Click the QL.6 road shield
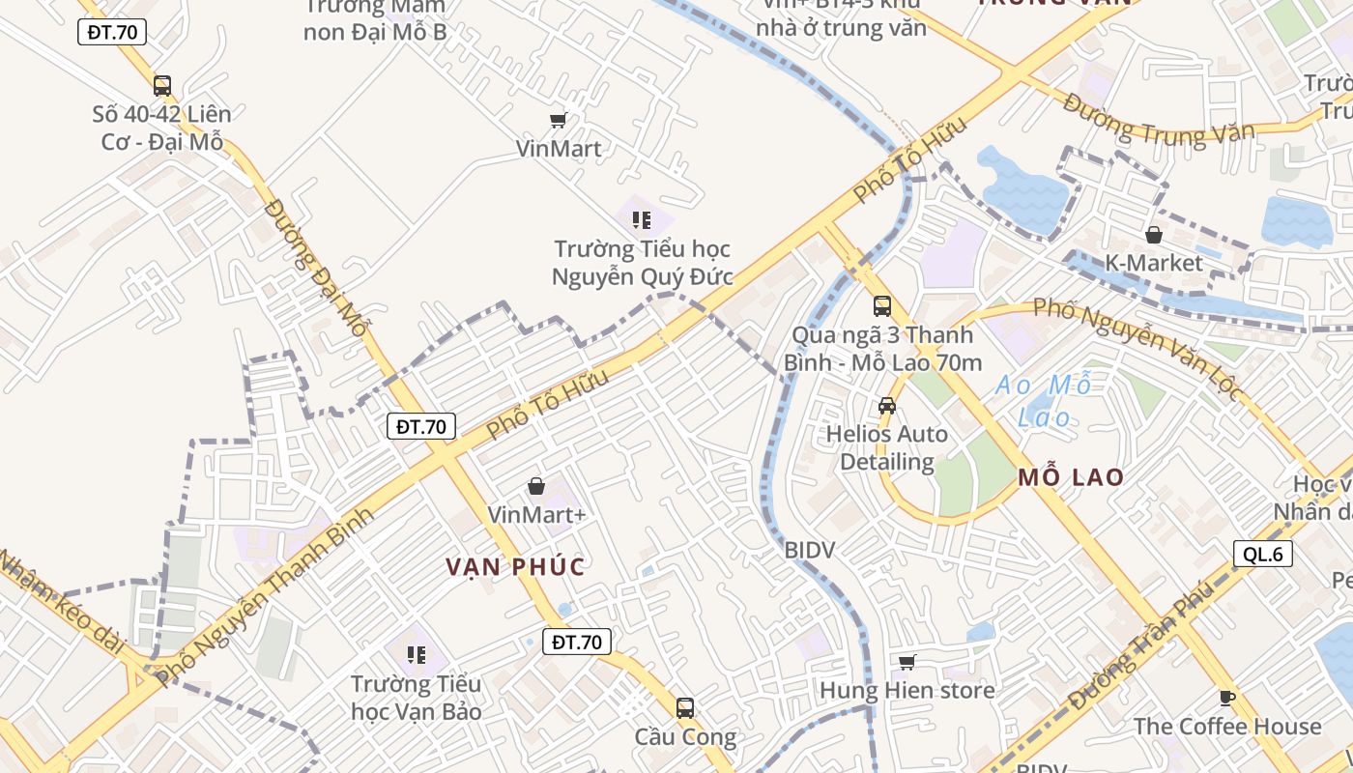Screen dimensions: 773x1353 point(1263,554)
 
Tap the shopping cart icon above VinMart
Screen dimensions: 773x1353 point(558,120)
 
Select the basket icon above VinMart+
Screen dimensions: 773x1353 point(536,486)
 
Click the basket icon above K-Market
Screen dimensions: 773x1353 point(1153,235)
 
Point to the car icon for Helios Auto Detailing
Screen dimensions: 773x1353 point(887,406)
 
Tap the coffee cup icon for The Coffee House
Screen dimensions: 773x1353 point(1227,697)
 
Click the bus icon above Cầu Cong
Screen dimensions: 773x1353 point(685,708)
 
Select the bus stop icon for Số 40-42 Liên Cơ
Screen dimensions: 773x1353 point(162,85)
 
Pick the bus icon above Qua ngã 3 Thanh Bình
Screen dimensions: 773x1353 point(882,306)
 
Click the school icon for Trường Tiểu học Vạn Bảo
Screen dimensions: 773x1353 point(417,655)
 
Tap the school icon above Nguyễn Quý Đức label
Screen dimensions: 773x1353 point(641,220)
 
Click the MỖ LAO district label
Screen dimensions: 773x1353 point(1071,477)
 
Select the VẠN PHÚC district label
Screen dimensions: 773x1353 point(516,566)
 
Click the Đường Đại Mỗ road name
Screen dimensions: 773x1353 point(315,268)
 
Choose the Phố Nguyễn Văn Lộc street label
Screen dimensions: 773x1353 point(1137,344)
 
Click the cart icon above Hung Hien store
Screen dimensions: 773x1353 point(907,662)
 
